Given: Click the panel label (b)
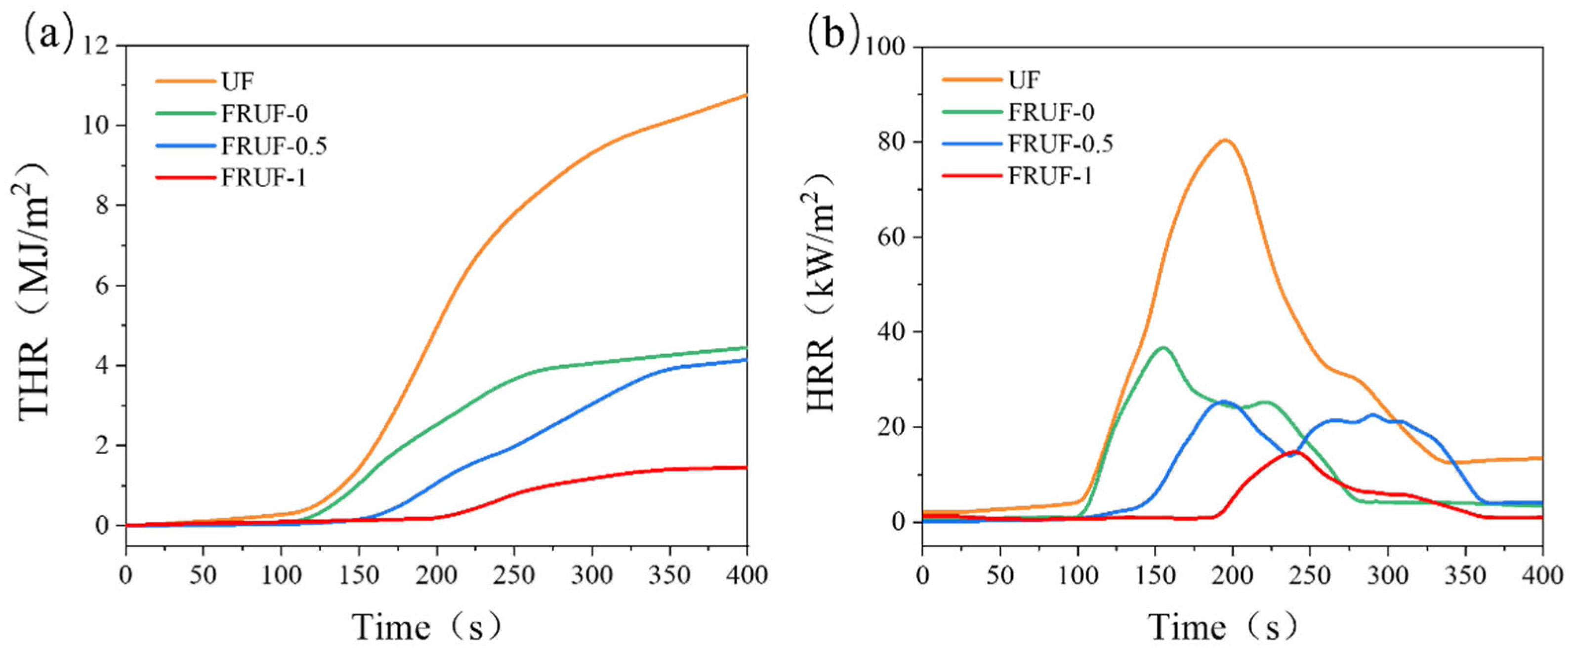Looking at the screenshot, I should (833, 34).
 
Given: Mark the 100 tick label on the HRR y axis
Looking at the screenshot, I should (888, 47).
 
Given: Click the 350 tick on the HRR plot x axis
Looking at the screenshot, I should (1465, 574).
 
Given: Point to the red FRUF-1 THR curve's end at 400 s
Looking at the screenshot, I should (746, 467).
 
